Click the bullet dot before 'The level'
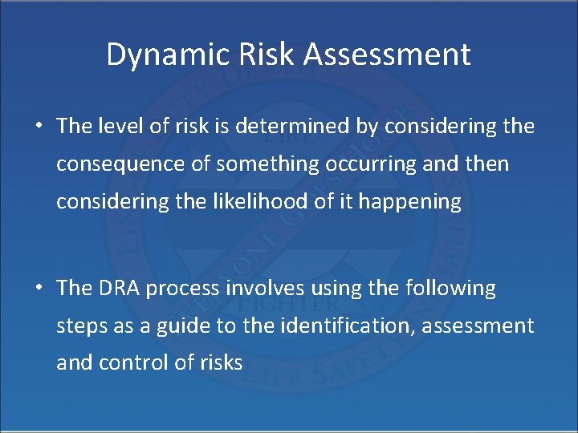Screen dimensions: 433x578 click(38, 127)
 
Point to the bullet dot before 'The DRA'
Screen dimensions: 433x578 click(38, 289)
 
